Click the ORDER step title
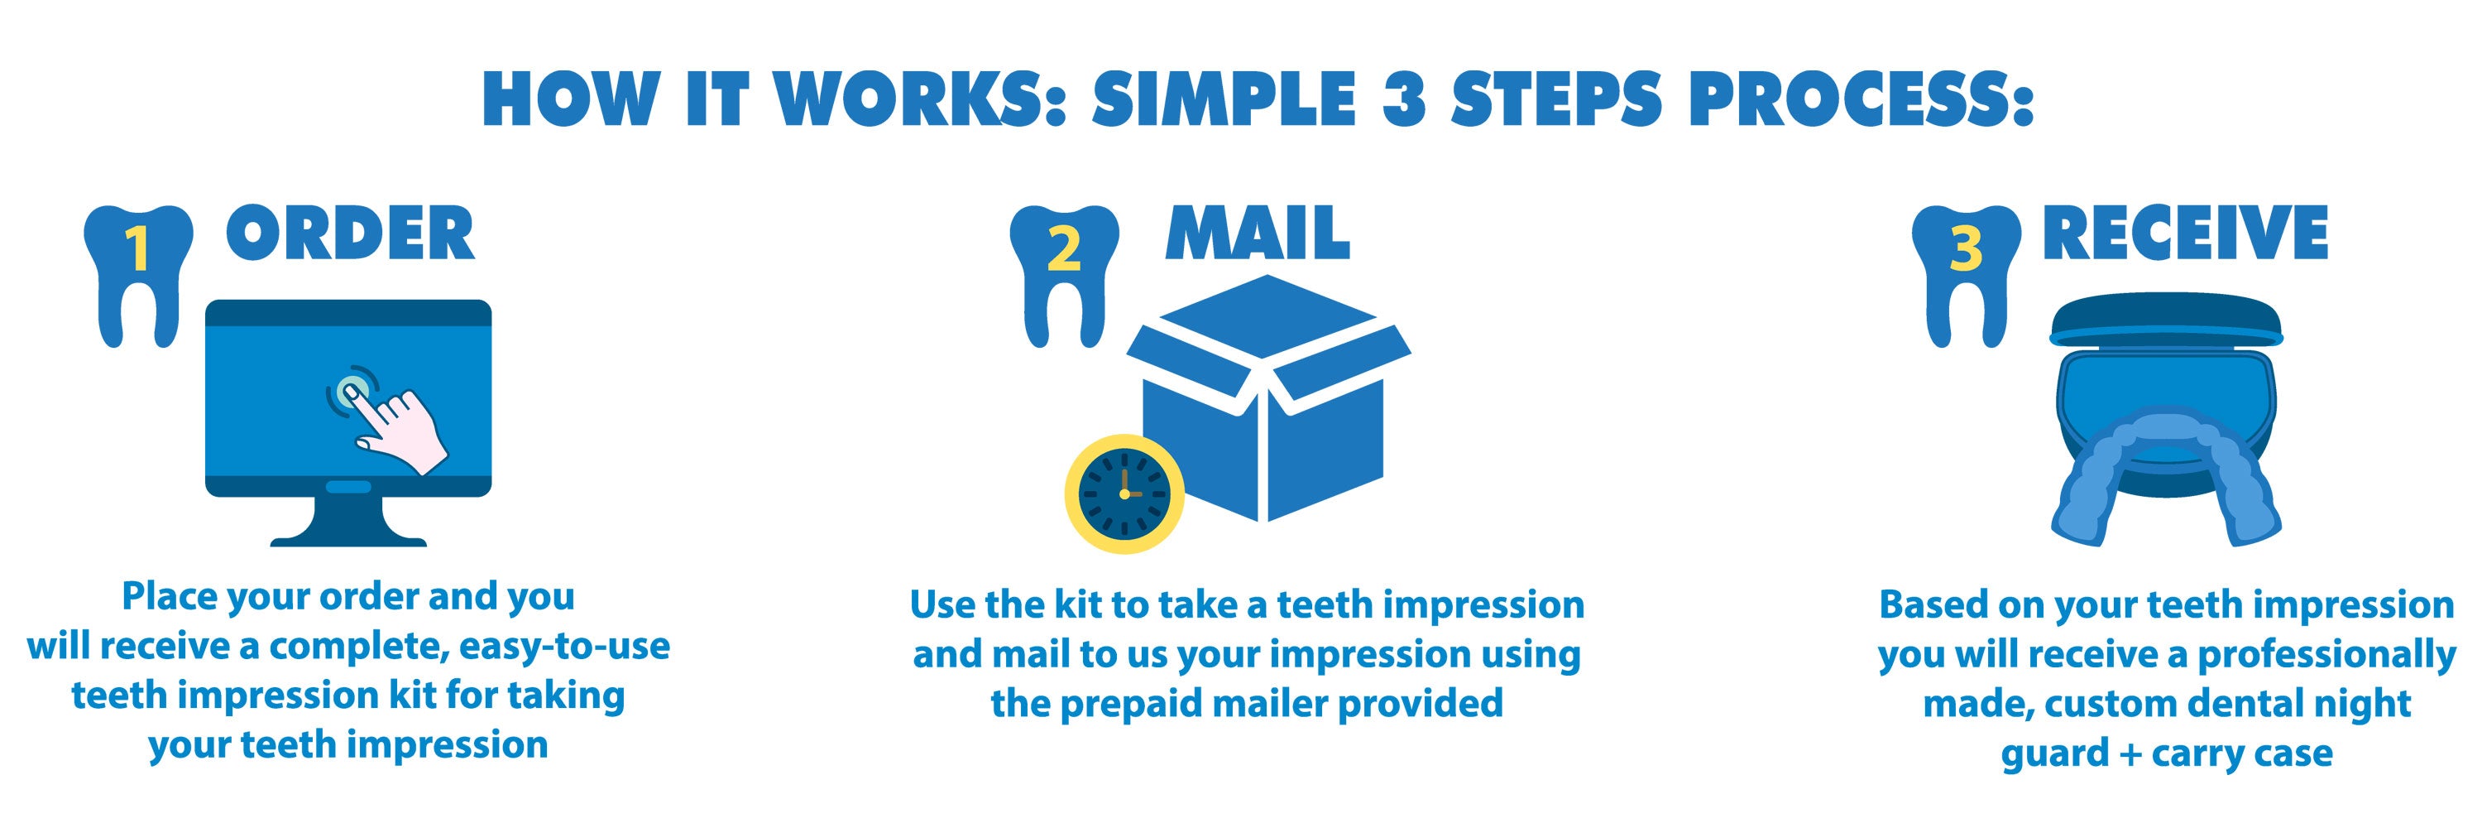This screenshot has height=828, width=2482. click(351, 233)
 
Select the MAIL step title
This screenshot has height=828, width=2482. click(1258, 233)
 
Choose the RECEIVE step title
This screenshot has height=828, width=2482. click(2185, 233)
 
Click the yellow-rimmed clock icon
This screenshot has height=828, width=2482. click(1124, 493)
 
